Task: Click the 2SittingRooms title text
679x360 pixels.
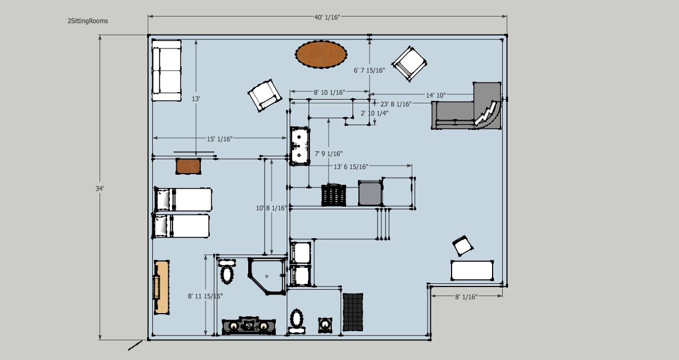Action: point(87,21)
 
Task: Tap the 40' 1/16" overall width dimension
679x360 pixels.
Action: point(327,17)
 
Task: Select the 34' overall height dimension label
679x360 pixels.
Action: point(100,189)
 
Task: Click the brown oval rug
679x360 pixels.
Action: point(321,54)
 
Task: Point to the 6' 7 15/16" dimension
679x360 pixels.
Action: point(369,70)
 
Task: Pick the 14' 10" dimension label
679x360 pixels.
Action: point(436,95)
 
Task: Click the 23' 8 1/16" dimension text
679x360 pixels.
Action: point(396,104)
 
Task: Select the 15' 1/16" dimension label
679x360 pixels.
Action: point(219,139)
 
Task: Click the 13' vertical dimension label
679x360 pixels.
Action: point(196,99)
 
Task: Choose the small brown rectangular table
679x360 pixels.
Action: point(188,166)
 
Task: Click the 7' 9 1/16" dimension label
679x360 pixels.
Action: point(328,154)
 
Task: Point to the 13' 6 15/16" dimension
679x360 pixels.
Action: point(351,167)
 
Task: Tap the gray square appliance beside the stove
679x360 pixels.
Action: point(370,193)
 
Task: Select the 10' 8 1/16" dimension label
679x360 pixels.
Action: point(271,208)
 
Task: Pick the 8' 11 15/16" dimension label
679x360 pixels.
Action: point(205,296)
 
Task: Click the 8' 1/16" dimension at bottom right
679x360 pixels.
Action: point(466,297)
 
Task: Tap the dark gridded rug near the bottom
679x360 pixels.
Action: point(353,312)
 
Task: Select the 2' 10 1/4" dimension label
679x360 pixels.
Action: point(374,113)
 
